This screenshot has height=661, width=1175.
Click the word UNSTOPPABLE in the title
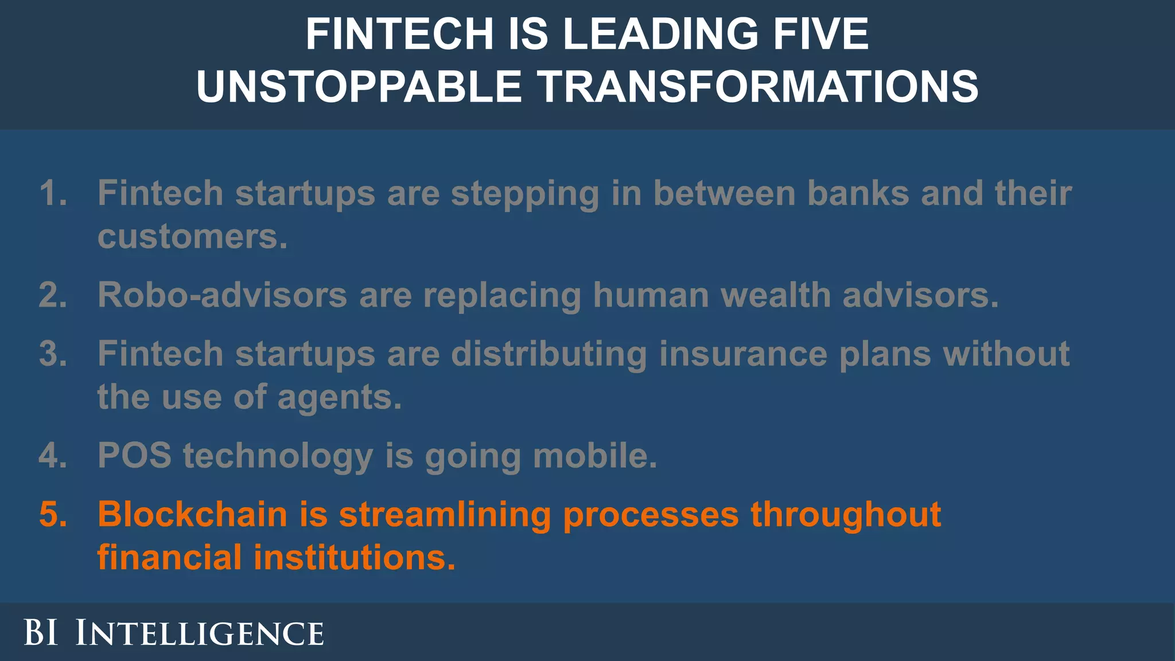pyautogui.click(x=359, y=87)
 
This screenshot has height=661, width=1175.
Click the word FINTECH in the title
pyautogui.click(x=399, y=34)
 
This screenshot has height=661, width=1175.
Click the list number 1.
pyautogui.click(x=53, y=193)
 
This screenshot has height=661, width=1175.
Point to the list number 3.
pyautogui.click(x=53, y=353)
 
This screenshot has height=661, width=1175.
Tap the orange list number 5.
pyautogui.click(x=53, y=514)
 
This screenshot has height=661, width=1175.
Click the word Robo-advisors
pyautogui.click(x=222, y=295)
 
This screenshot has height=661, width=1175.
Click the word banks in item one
pyautogui.click(x=858, y=193)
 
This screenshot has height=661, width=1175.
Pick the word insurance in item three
pyautogui.click(x=743, y=353)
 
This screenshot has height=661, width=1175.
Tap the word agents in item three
pyautogui.click(x=340, y=398)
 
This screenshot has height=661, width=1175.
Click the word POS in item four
pyautogui.click(x=134, y=456)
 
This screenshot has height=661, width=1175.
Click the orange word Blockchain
pyautogui.click(x=192, y=514)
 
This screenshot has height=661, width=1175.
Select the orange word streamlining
pyautogui.click(x=445, y=514)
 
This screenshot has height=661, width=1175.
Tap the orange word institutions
pyautogui.click(x=354, y=558)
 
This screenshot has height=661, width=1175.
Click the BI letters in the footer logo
pyautogui.click(x=41, y=633)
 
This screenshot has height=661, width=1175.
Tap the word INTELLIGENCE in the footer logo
pyautogui.click(x=200, y=633)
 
